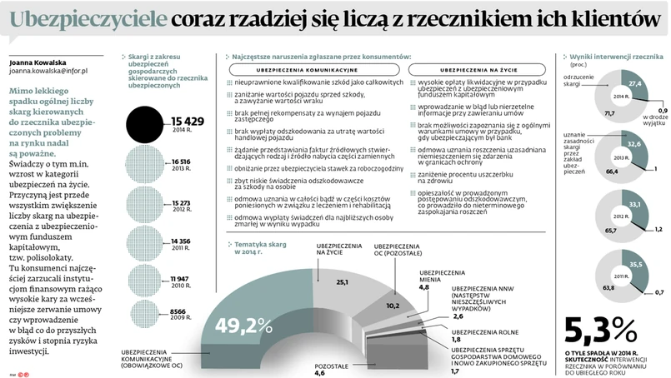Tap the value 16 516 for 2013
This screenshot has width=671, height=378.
[x=182, y=162]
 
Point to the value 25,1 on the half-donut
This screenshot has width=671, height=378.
[x=342, y=282]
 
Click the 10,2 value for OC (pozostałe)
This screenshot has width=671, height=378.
[x=393, y=305]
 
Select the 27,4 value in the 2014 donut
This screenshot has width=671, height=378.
[x=634, y=84]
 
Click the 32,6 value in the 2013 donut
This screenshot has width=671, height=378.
[x=634, y=144]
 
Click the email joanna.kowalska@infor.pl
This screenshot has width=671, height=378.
[x=48, y=72]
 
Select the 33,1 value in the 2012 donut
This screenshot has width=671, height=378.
[x=635, y=205]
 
